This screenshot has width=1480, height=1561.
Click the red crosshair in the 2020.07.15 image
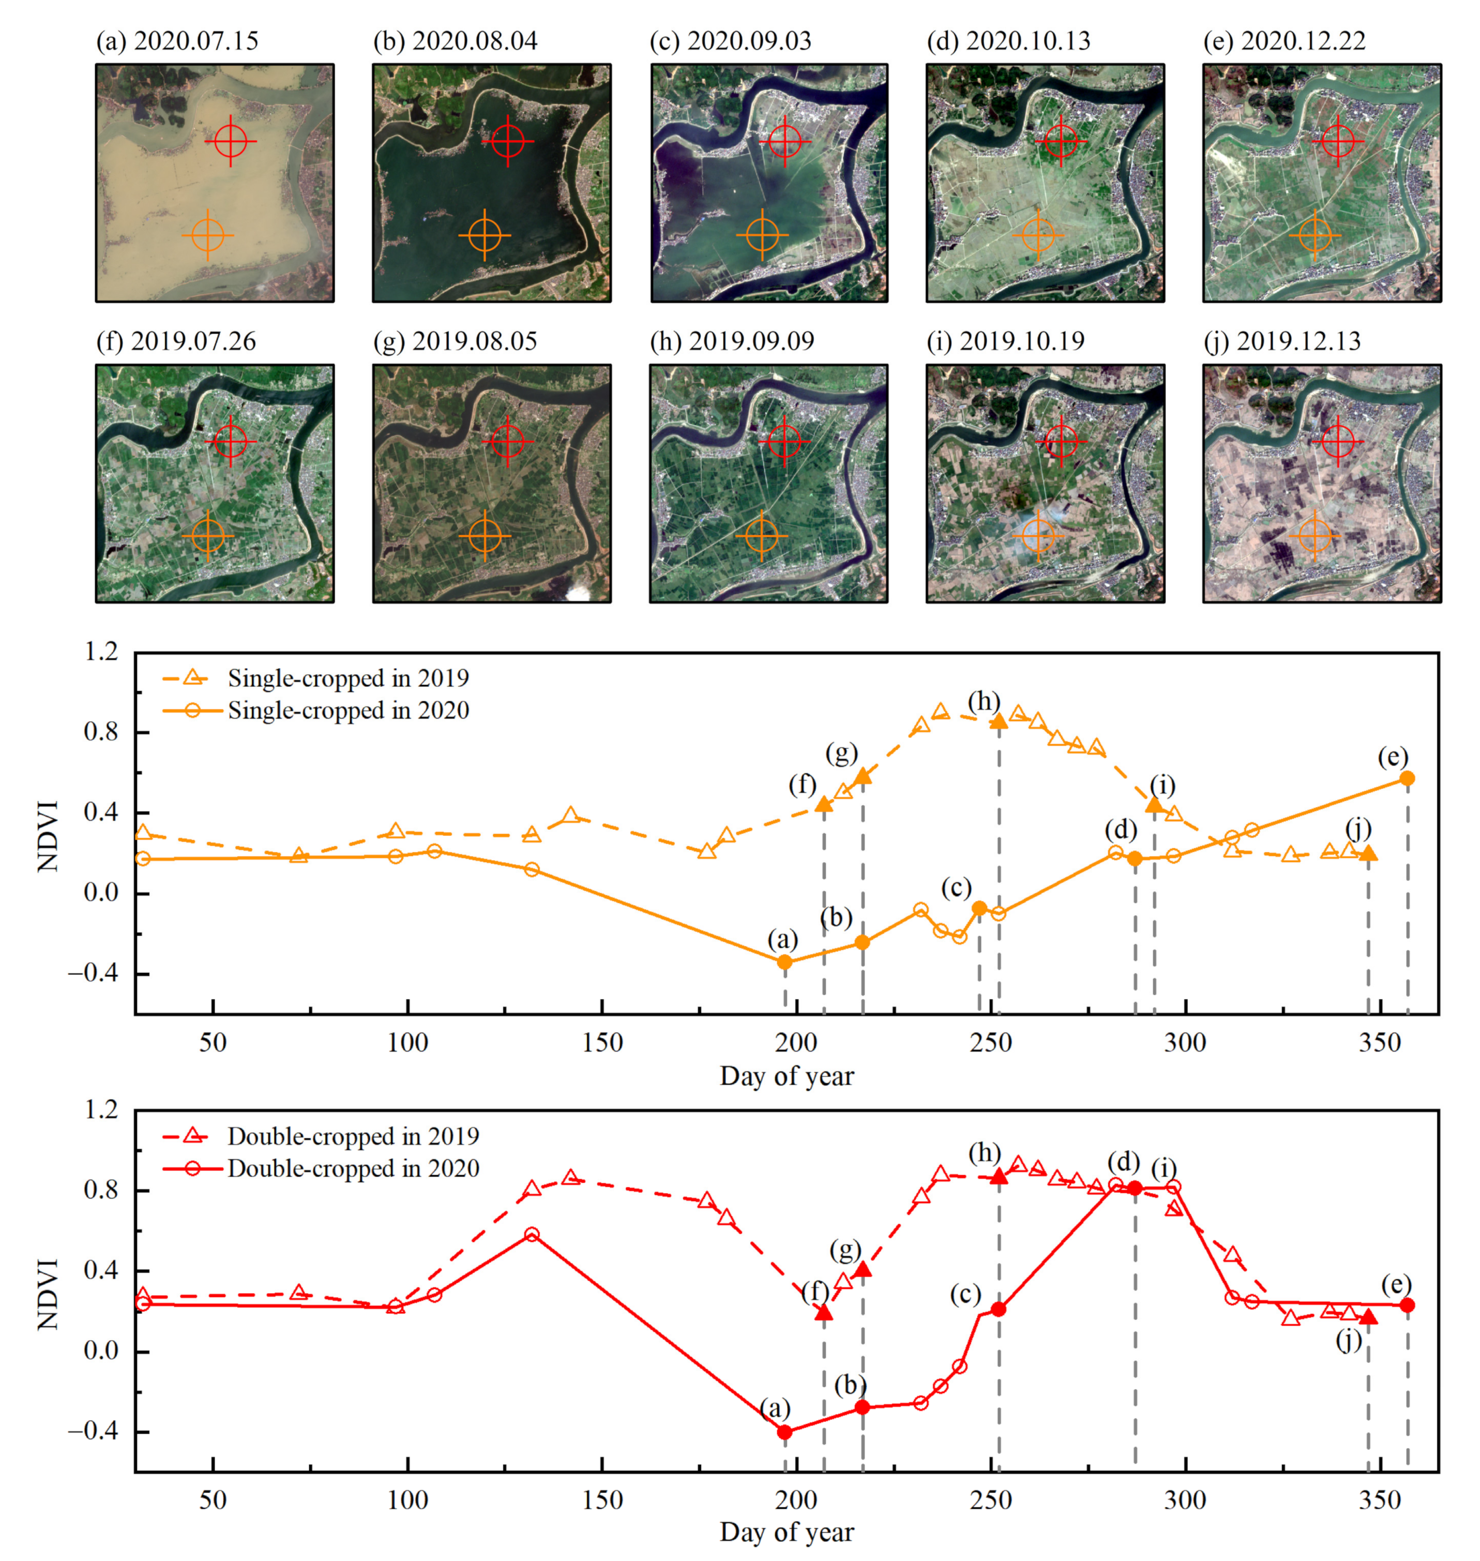[230, 141]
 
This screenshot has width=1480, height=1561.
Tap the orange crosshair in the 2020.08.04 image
[485, 234]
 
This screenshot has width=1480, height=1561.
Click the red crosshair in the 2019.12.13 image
[1338, 441]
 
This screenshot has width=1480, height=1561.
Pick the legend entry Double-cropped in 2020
[353, 1168]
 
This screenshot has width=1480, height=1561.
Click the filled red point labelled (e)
[1407, 1305]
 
